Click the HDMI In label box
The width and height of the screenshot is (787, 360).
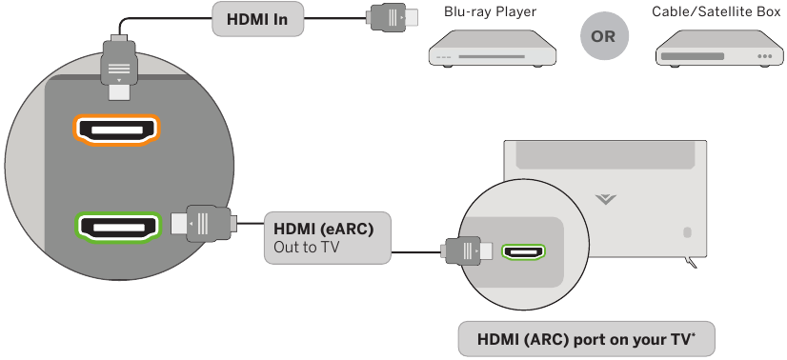263,18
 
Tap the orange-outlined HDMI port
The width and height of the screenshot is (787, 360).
117,130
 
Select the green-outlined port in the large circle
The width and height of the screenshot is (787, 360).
117,227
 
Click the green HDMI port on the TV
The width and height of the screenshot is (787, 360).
522,253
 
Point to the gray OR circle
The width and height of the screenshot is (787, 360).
602,37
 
